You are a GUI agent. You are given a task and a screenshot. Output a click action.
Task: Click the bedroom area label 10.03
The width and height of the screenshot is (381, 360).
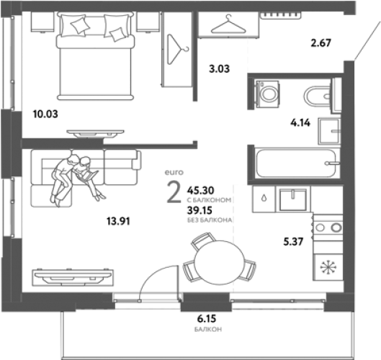pos(45,114)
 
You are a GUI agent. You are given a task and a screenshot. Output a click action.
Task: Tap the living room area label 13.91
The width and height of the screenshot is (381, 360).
pos(118,221)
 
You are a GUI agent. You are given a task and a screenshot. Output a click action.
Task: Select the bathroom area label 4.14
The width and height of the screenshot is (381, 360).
pos(300,123)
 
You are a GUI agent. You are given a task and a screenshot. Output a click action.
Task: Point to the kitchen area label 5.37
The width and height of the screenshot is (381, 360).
pos(293,242)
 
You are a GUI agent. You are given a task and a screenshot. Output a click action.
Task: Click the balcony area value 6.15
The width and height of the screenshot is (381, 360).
pos(207,319)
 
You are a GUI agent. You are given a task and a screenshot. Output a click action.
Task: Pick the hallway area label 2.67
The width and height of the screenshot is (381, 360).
pos(321,43)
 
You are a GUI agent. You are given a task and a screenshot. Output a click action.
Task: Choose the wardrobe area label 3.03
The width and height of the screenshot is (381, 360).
pos(219,69)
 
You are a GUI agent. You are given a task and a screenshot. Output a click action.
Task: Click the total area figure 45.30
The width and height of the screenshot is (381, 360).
pos(200,191)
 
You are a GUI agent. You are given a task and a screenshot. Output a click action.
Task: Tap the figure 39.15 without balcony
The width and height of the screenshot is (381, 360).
pos(200,210)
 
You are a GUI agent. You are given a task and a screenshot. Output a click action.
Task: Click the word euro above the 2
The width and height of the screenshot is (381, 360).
pos(174,173)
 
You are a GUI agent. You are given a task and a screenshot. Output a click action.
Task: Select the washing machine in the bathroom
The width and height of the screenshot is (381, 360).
pos(267,94)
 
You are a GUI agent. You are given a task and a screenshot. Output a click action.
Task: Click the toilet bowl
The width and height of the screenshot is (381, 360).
pos(318,96)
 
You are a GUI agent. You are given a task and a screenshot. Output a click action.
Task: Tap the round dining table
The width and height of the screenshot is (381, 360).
pos(219,262)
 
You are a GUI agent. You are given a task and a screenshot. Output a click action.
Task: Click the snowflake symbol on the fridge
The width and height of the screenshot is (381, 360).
pos(328,267)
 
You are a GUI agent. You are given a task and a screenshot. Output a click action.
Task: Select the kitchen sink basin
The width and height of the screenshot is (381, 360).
pos(293,199)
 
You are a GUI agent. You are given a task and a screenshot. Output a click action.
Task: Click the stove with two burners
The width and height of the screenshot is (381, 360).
pos(328,228)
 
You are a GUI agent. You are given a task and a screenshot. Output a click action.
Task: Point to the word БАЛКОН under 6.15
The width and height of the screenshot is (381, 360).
pos(208,330)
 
